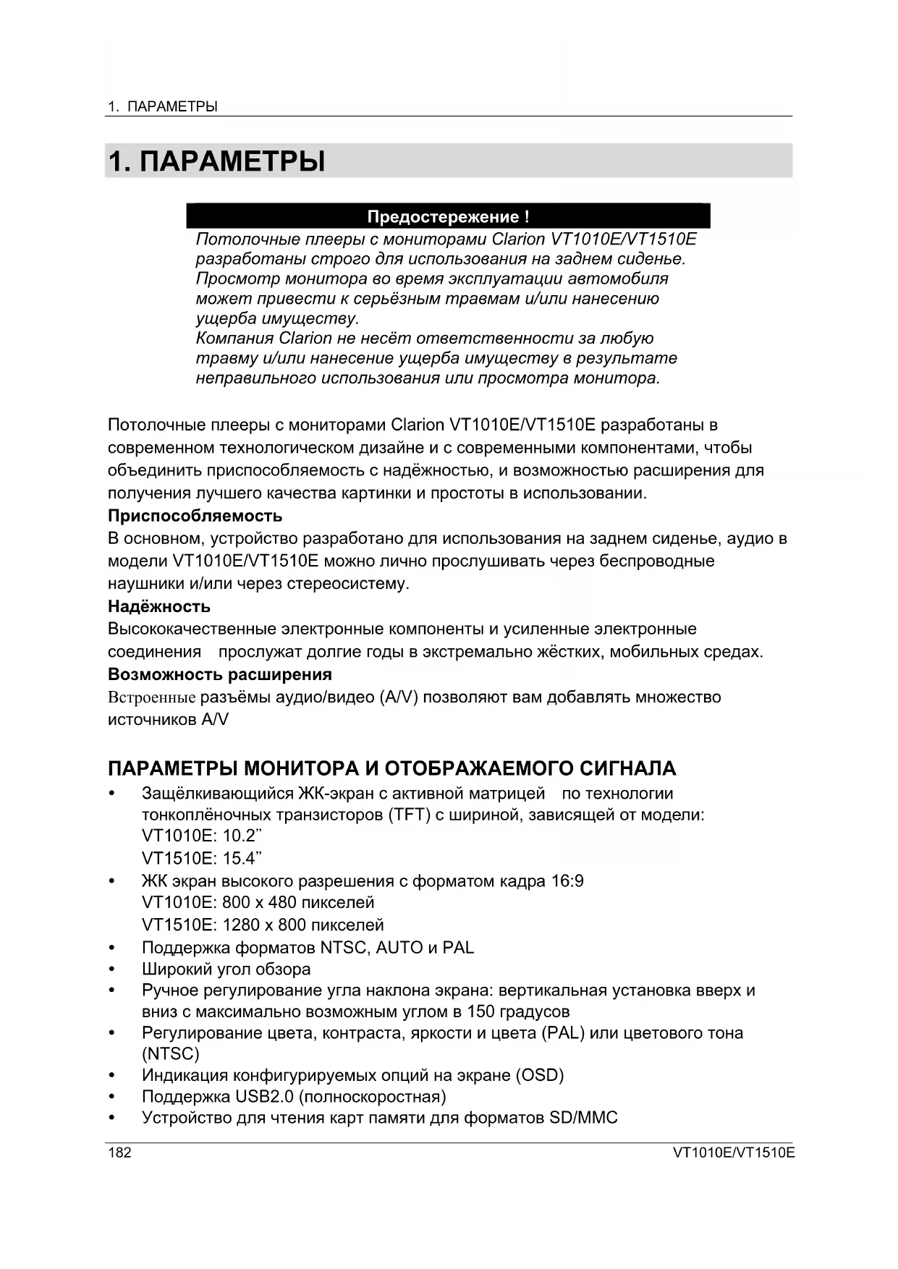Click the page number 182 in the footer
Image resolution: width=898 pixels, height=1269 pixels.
click(x=120, y=1153)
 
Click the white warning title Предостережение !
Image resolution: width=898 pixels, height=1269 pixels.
click(x=448, y=216)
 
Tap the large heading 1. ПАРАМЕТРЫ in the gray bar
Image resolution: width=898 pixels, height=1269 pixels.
click(x=216, y=161)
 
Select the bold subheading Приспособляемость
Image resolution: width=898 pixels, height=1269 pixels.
click(x=195, y=516)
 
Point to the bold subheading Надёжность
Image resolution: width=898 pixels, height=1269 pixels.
click(x=159, y=606)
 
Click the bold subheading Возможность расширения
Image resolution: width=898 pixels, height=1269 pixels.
click(x=220, y=674)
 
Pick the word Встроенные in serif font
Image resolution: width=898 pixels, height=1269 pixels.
click(x=151, y=697)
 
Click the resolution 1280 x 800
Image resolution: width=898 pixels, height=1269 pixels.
click(x=258, y=925)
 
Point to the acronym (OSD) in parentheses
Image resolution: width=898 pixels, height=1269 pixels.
click(x=540, y=1075)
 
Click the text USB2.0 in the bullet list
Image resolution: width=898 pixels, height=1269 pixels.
click(x=264, y=1097)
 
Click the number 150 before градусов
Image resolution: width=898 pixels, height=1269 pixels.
click(x=481, y=1011)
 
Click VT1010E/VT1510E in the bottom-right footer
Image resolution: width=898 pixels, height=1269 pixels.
click(x=733, y=1153)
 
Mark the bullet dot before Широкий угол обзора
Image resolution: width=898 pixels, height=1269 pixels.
click(x=111, y=969)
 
